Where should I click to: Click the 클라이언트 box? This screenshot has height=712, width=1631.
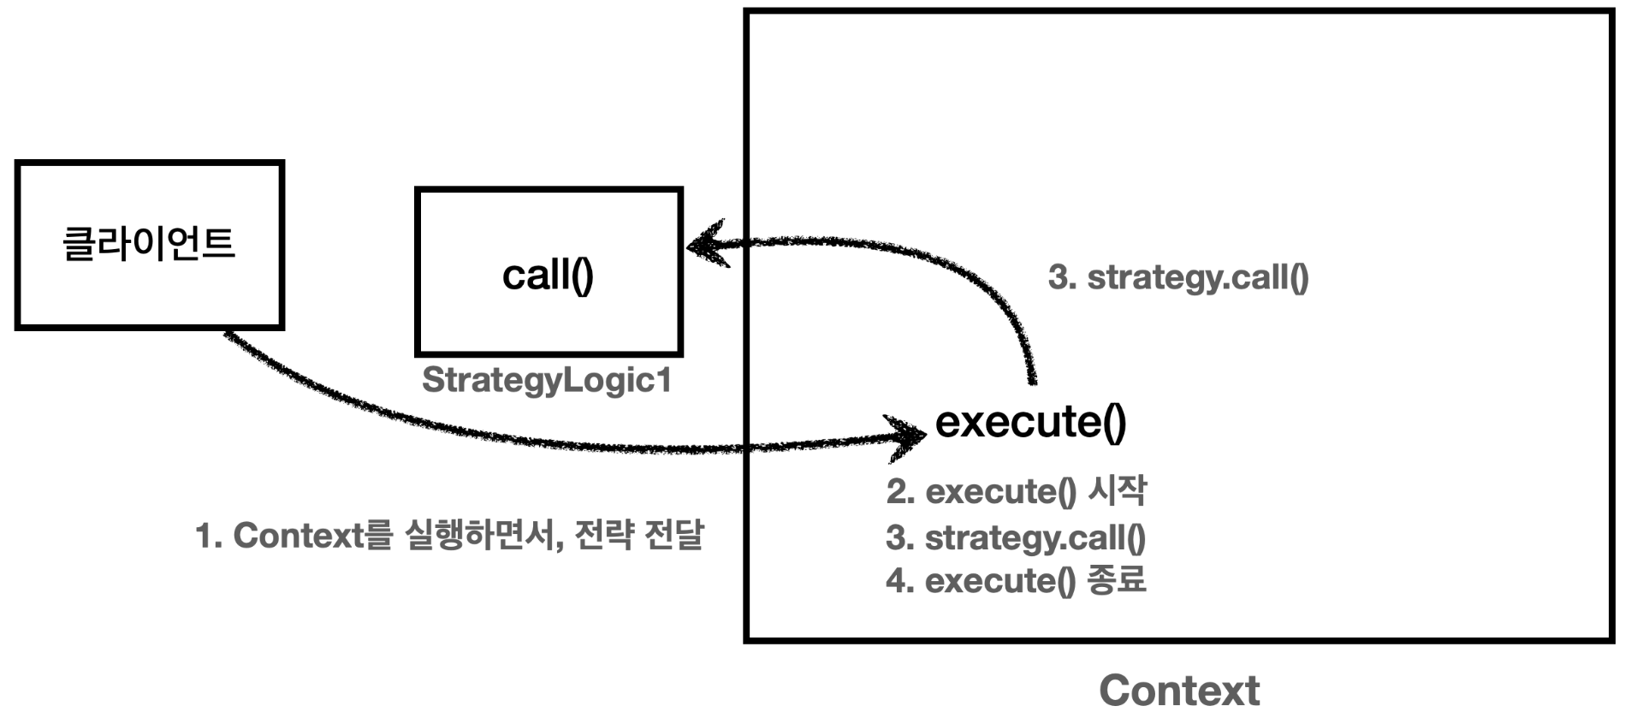pos(150,245)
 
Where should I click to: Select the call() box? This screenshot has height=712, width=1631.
pos(549,272)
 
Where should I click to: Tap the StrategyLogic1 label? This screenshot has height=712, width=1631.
pos(547,380)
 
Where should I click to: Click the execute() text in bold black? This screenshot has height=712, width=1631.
pos(1030,421)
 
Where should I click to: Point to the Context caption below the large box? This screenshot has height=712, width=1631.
pos(1179,690)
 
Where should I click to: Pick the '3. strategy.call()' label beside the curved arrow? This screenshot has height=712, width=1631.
pos(1178,277)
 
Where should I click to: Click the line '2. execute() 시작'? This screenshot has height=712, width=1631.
pos(1016,491)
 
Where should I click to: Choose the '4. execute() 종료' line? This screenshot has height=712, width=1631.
pos(1016,581)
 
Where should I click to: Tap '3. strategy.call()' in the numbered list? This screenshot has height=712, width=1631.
pos(1016,537)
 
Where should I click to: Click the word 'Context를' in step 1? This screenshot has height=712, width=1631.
pos(312,536)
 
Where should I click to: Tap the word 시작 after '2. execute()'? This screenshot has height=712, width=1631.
pos(1117,490)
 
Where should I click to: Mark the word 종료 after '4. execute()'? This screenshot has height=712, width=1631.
pos(1117,580)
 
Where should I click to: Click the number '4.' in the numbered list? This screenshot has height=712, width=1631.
pos(901,581)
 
